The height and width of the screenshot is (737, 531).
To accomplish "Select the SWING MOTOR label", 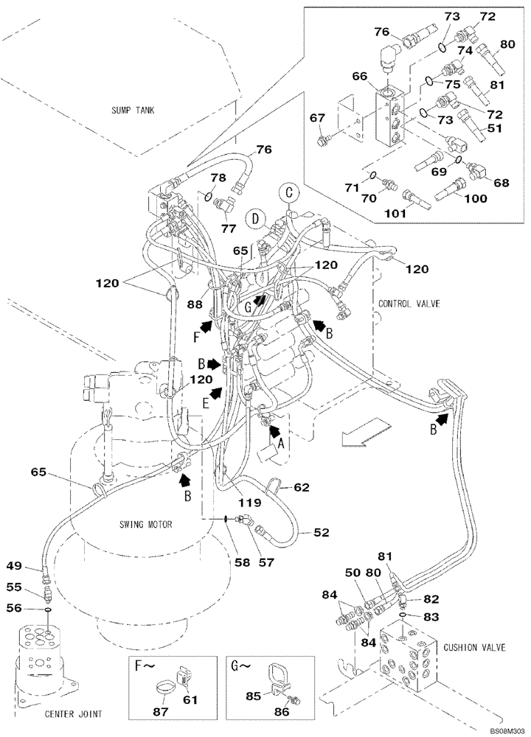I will pos(145,525).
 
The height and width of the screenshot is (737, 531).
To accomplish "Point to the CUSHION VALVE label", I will pos(475,647).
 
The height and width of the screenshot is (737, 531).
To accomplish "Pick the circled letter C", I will pos(289,192).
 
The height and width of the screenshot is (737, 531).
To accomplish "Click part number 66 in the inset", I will pos(359,75).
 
